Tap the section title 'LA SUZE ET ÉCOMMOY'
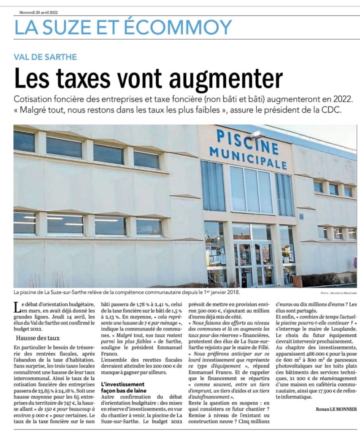pyautogui.click(x=123, y=28)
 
